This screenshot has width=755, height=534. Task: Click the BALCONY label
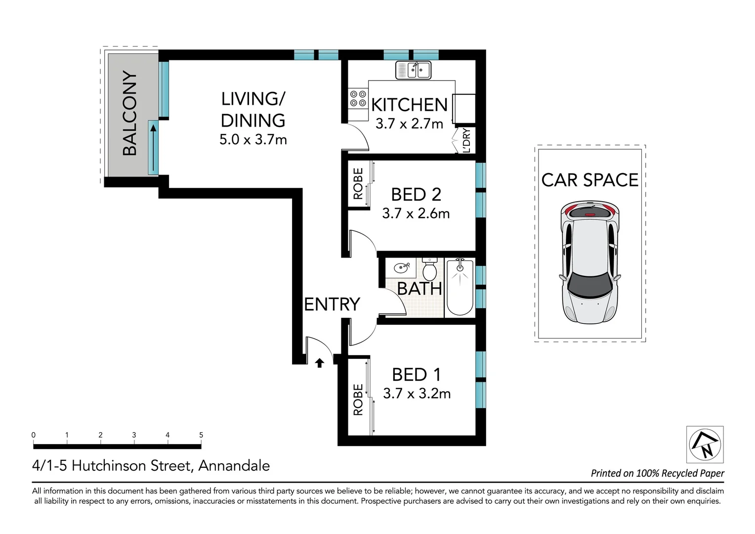tap(130, 113)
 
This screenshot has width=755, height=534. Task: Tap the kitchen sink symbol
tap(413, 70)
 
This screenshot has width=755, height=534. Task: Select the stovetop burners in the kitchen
tap(358, 98)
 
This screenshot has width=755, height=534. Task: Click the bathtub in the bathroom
tap(460, 287)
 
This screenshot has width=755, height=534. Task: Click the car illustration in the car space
tap(590, 263)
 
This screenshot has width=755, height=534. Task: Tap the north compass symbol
tap(705, 445)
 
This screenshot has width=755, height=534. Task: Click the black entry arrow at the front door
tap(320, 363)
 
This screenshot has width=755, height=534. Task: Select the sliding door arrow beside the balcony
tap(153, 148)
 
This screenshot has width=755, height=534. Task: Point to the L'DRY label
tap(466, 140)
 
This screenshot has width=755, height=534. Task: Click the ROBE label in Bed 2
tap(358, 183)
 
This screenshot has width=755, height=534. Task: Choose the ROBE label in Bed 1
tap(358, 400)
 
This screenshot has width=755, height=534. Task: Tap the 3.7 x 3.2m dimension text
tap(417, 394)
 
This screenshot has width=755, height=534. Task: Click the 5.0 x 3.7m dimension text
tap(253, 139)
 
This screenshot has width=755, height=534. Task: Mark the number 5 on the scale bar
tap(201, 435)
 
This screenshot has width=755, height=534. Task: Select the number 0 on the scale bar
tap(34, 435)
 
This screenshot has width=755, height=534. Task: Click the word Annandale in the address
tap(234, 466)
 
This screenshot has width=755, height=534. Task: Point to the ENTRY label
tap(333, 304)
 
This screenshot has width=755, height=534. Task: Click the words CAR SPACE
tap(590, 180)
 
